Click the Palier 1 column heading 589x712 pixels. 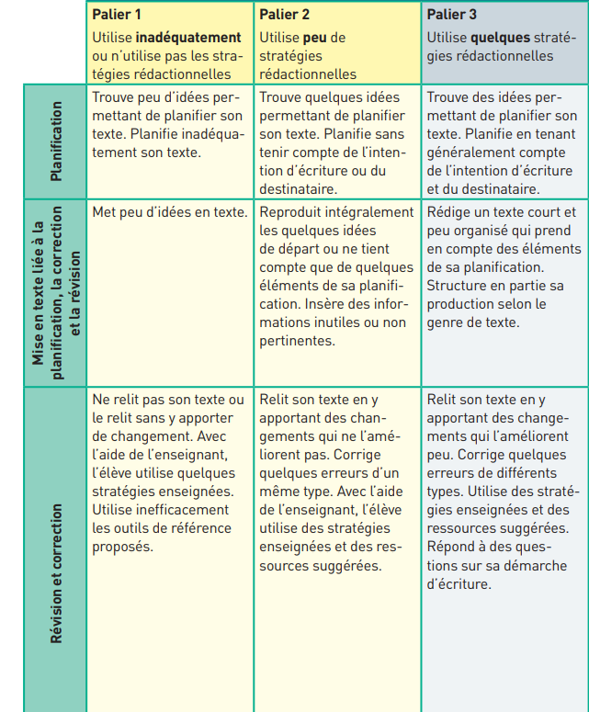tap(118, 16)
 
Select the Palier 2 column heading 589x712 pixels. tap(284, 16)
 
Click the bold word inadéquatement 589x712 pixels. tap(188, 38)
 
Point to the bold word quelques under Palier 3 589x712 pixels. tap(502, 38)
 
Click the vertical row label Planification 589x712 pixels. tap(57, 140)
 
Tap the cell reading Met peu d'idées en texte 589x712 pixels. tap(169, 212)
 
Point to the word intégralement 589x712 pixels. tap(368, 212)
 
